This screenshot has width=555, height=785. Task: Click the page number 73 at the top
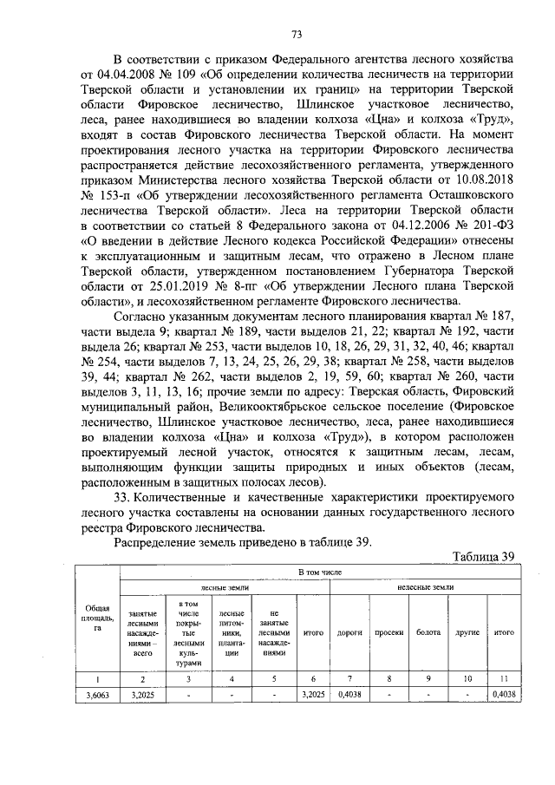point(296,35)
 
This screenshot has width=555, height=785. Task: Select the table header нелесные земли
point(425,588)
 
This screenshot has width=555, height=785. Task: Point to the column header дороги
point(349,632)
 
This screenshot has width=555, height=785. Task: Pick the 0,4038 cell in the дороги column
point(349,695)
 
